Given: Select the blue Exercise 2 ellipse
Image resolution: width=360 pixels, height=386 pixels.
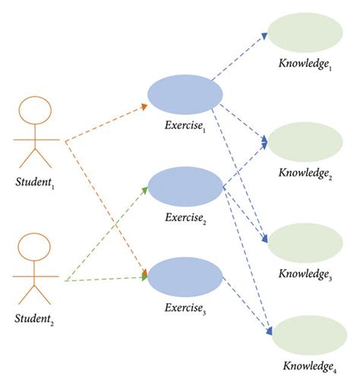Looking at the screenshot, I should pos(185,187).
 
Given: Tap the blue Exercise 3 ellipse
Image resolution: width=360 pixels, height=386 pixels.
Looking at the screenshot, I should pos(185,277).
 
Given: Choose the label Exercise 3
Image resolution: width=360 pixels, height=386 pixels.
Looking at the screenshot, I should pos(185,310).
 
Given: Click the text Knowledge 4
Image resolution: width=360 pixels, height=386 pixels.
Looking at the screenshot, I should pos(308,369).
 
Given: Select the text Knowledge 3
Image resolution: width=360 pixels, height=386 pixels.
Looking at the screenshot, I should pos(305,274).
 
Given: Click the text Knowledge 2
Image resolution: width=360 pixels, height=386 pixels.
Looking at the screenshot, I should pos(305,173).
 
